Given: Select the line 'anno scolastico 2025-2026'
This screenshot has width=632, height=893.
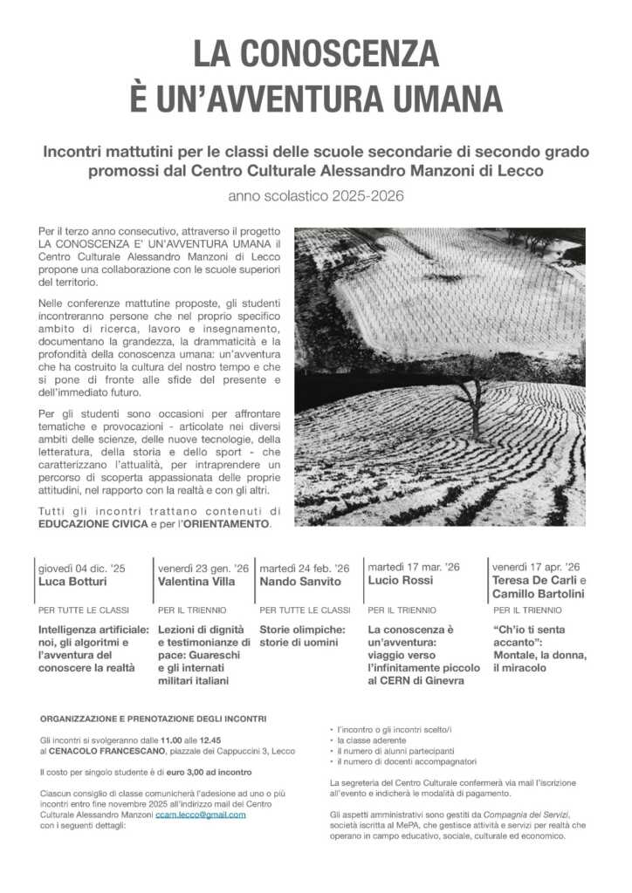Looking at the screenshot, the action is (316, 196).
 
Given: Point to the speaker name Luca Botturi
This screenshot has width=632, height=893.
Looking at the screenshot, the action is (72, 581).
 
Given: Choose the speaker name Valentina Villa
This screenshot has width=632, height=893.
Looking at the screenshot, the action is (196, 581).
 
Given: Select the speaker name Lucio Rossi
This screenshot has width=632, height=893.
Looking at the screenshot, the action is (401, 581).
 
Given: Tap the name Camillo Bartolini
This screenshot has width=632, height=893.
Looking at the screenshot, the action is (536, 593).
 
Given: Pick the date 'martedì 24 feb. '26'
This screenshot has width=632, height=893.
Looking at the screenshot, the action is (304, 568).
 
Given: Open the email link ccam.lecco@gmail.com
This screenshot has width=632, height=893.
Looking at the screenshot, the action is (200, 815).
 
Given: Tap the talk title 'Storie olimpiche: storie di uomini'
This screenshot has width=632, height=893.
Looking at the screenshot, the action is (302, 636).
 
